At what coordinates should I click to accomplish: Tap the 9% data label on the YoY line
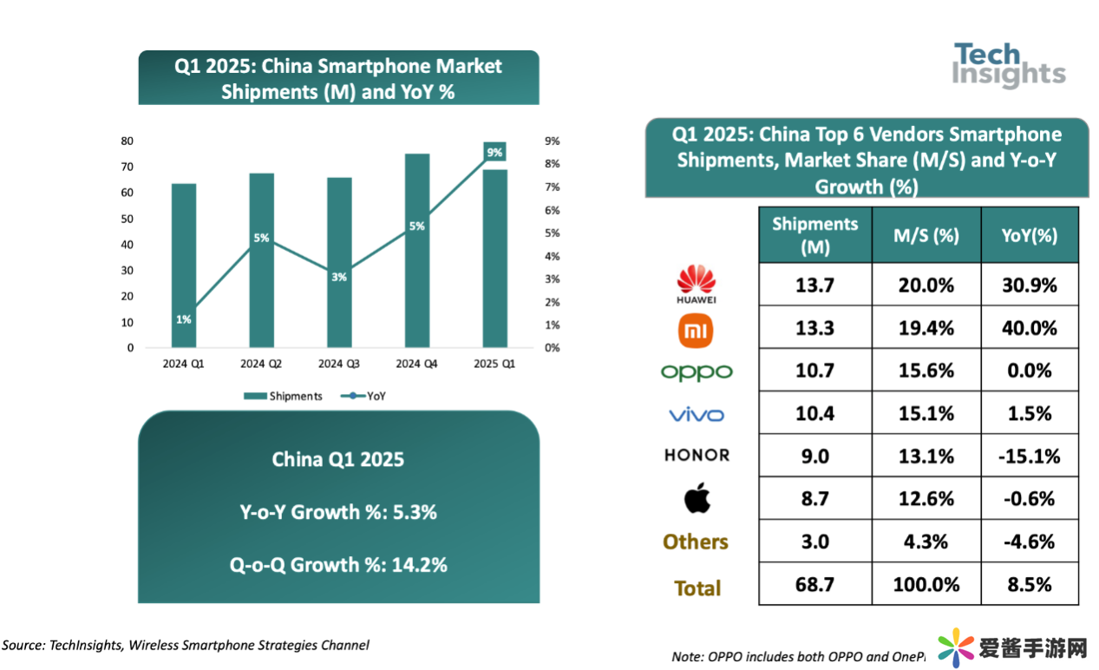tap(494, 153)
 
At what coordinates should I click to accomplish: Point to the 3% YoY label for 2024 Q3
tap(339, 277)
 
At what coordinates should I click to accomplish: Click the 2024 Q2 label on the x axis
tap(261, 365)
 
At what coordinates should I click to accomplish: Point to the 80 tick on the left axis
tap(127, 141)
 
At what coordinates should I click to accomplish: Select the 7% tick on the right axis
tap(552, 187)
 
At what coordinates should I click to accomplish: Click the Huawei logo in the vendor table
tap(697, 284)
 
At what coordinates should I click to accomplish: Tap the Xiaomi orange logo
tap(697, 329)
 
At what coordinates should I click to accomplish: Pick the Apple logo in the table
tap(697, 498)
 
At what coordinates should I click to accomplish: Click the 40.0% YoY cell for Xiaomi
tap(1030, 328)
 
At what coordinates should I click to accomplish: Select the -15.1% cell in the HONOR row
tap(1030, 456)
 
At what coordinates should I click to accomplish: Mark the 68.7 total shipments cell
tap(814, 584)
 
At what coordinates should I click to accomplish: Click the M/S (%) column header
tap(926, 235)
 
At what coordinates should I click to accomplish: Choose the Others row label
tap(696, 542)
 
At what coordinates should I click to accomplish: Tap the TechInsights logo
tap(1009, 65)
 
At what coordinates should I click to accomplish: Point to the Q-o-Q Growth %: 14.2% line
tap(338, 565)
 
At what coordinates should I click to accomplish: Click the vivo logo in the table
tap(697, 415)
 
